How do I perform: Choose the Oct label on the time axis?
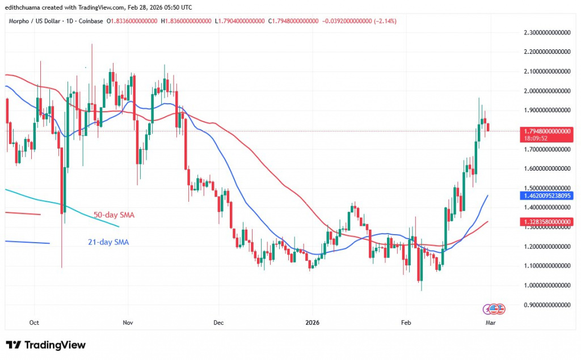pos(34,323)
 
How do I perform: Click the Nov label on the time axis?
pos(128,323)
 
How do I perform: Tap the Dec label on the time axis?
pos(219,323)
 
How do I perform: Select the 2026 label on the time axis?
pos(312,323)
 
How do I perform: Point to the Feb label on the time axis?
pos(406,323)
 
